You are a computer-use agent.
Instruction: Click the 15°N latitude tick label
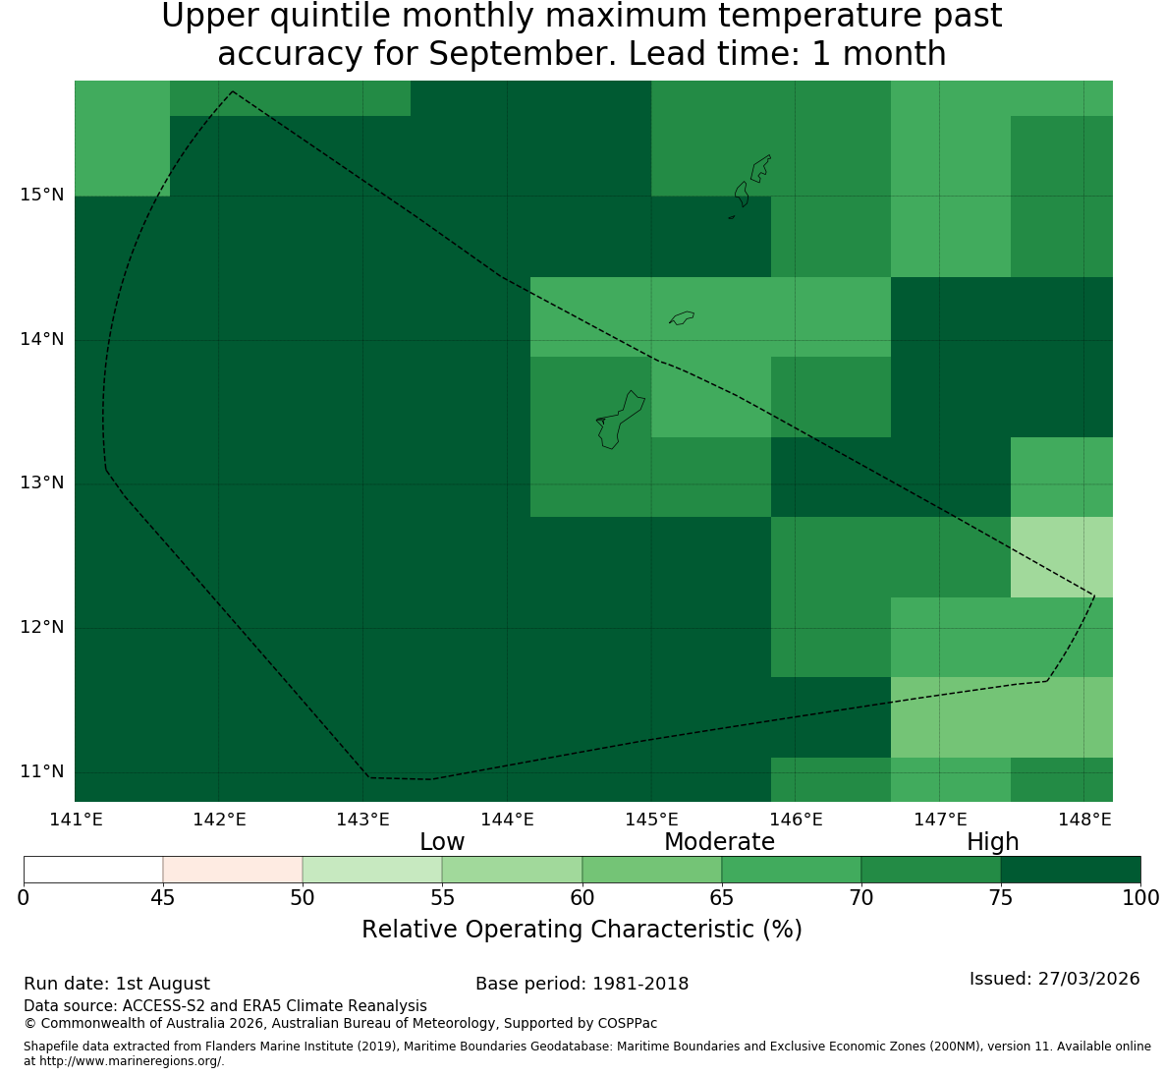click(x=42, y=196)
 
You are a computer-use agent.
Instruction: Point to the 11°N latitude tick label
click(x=42, y=771)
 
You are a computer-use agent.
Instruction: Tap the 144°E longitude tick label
click(x=508, y=820)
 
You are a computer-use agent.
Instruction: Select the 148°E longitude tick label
click(x=1084, y=820)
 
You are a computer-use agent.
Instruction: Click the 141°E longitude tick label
click(x=76, y=820)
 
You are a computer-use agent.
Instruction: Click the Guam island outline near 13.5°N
click(x=620, y=420)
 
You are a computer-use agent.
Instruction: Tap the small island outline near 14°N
click(x=682, y=317)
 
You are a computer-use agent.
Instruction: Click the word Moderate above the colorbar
click(x=719, y=842)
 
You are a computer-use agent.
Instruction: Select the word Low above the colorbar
click(x=442, y=842)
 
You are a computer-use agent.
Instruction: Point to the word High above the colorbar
click(x=992, y=842)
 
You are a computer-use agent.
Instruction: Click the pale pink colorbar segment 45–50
click(x=233, y=870)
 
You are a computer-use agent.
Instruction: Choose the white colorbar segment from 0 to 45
click(x=93, y=870)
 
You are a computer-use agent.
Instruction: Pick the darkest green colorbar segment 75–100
click(x=1071, y=870)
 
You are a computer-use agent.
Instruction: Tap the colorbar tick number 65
click(x=722, y=898)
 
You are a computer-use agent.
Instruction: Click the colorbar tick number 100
click(x=1141, y=898)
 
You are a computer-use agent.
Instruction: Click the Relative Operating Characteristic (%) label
click(x=582, y=930)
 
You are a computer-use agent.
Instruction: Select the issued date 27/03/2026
click(x=1089, y=979)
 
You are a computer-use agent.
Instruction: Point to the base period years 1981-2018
click(x=640, y=984)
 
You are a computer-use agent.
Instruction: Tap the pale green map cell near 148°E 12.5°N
click(x=1062, y=557)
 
